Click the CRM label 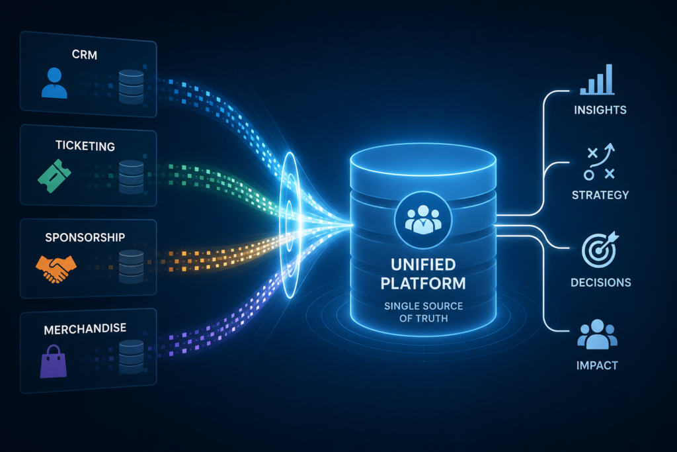84,55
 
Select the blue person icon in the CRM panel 54,83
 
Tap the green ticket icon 54,175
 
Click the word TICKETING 85,146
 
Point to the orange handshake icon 56,269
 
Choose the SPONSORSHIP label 85,237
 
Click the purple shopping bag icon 54,361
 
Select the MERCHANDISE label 85,329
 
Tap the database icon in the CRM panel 131,87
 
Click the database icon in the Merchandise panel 131,357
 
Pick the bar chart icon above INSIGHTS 597,79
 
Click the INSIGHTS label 600,111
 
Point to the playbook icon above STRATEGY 599,161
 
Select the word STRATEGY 600,195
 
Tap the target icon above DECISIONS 600,249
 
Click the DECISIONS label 600,283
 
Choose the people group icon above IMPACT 598,334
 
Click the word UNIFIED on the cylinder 423,265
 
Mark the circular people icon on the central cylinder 423,220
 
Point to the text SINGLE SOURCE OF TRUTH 423,312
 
